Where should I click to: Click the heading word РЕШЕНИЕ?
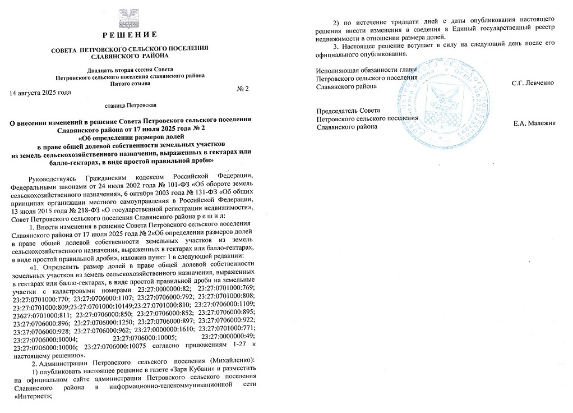point(130,35)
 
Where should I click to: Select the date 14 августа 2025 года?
point(40,92)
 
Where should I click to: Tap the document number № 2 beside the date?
point(243,89)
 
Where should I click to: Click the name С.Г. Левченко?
point(533,83)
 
